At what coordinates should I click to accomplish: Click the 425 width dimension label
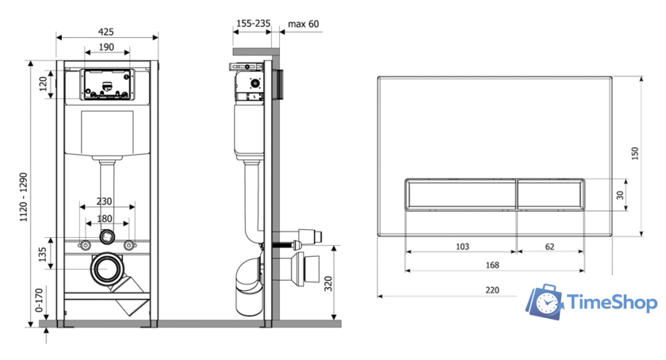(x=105, y=32)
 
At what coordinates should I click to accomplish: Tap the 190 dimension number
(x=106, y=47)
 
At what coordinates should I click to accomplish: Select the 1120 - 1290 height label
(x=24, y=197)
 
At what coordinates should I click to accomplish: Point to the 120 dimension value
(x=44, y=84)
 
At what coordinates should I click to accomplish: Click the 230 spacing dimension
(x=104, y=201)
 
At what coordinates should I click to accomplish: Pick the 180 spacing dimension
(x=105, y=219)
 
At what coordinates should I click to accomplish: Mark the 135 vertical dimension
(x=43, y=255)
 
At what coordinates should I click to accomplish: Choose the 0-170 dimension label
(x=39, y=300)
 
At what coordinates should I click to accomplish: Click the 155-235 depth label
(x=253, y=24)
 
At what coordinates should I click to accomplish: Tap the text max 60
(x=303, y=25)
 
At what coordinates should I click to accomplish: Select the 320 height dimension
(x=328, y=284)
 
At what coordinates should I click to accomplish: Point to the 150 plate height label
(x=634, y=153)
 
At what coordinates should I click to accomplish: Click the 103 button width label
(x=462, y=247)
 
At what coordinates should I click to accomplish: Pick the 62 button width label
(x=549, y=247)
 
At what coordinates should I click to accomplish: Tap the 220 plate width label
(x=492, y=290)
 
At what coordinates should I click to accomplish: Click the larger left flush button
(x=461, y=194)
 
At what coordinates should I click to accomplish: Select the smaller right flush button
(x=550, y=194)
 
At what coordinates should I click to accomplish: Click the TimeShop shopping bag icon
(x=545, y=302)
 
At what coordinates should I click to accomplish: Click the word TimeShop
(x=612, y=303)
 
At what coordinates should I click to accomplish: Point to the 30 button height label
(x=620, y=195)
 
